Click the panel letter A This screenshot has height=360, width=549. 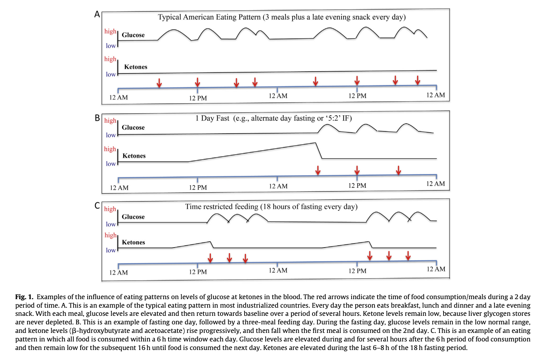coord(97,14)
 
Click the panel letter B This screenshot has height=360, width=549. coord(97,118)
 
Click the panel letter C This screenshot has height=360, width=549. coord(97,206)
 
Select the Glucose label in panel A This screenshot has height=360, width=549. coord(133,35)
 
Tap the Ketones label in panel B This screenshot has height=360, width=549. coord(134,156)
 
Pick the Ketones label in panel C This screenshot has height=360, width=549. coord(133,242)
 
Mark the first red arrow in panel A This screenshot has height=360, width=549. coord(159,83)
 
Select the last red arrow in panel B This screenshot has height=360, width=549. coord(398,170)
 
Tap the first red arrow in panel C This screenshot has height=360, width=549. coord(210,258)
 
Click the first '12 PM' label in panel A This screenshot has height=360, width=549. coord(198,98)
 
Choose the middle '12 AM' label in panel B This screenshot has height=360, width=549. coord(278,186)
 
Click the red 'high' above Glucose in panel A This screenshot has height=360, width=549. coord(110,31)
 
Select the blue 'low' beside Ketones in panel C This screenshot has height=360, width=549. coord(111,251)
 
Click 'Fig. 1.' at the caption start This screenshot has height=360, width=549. coord(24,297)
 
